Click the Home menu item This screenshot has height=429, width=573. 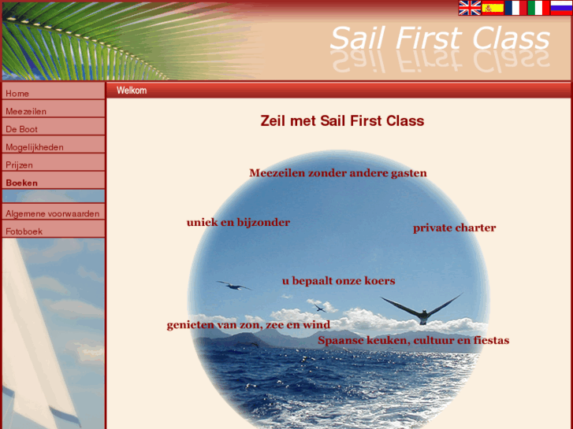(17, 93)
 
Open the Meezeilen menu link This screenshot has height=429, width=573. (26, 111)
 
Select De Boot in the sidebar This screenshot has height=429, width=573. (21, 129)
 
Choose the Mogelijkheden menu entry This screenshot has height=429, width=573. (35, 147)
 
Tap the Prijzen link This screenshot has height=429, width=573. (20, 165)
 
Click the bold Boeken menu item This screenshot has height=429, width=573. (22, 183)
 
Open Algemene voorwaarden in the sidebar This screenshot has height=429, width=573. (52, 213)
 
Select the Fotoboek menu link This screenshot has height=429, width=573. (24, 231)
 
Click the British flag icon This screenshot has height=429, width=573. (470, 8)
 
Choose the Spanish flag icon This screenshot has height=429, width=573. (493, 8)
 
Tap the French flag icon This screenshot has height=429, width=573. (515, 8)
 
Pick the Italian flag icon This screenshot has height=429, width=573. (538, 8)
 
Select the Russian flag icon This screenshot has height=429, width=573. (560, 8)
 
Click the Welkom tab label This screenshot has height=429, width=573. (132, 91)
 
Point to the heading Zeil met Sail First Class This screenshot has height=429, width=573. (342, 121)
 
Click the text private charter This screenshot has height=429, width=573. (454, 228)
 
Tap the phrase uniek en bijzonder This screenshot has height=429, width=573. (238, 223)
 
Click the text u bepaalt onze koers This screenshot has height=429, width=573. (338, 281)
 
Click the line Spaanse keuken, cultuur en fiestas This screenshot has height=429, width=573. (413, 341)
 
